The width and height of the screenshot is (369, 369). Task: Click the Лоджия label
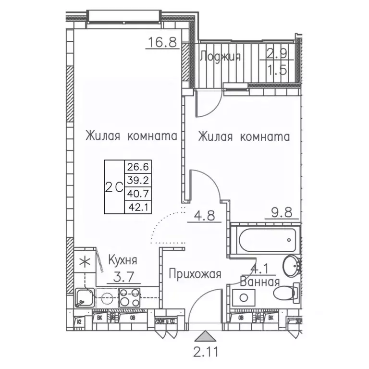[220, 57]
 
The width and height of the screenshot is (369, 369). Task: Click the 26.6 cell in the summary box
[137, 167]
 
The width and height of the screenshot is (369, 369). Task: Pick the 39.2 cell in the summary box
[137, 180]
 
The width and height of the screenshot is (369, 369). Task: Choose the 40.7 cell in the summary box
[137, 194]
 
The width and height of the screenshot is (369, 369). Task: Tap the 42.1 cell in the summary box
[137, 207]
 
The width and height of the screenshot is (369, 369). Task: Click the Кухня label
[122, 261]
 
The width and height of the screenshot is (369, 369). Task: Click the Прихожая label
[195, 274]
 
